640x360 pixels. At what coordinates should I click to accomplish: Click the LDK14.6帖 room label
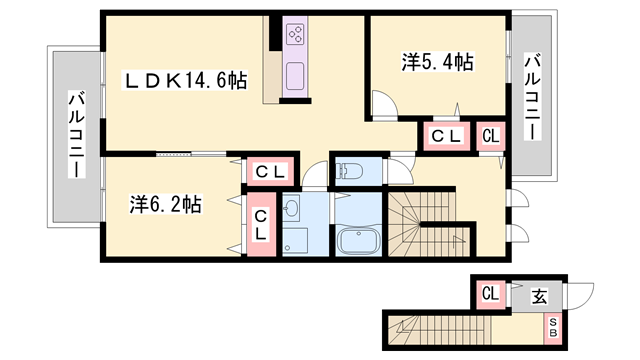click(185, 80)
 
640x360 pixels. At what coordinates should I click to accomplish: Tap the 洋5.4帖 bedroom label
click(438, 62)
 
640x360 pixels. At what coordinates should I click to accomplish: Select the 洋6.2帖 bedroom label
click(165, 204)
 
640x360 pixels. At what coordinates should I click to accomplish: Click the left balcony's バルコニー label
click(76, 135)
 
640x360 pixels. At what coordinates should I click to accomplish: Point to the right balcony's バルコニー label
click(533, 97)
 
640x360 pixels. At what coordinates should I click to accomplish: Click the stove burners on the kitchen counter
click(295, 34)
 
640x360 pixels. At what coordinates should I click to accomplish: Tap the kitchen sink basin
click(295, 76)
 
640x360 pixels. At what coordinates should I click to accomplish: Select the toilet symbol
click(349, 171)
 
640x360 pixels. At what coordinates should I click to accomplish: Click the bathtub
click(358, 242)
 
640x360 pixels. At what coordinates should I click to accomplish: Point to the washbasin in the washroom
click(291, 208)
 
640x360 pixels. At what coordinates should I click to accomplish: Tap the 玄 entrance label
click(539, 297)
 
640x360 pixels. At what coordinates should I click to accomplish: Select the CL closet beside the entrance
click(491, 293)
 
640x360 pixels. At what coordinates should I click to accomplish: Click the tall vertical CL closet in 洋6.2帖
click(261, 224)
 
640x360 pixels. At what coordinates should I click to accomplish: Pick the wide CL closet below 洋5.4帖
click(447, 136)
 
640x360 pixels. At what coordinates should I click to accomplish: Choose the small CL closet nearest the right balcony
click(491, 136)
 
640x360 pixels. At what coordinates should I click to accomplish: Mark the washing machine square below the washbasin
click(295, 241)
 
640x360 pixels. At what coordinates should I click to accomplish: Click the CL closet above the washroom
click(270, 171)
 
